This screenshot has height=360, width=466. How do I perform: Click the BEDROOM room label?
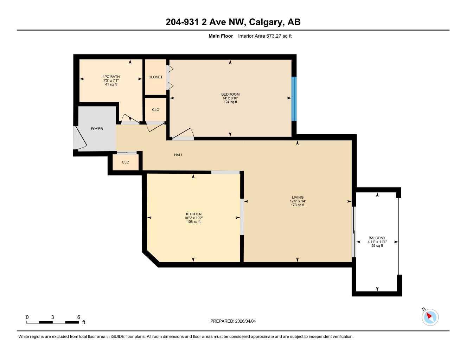[230, 94]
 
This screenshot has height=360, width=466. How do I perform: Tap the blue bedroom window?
[294, 99]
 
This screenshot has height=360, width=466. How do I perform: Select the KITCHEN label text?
[193, 214]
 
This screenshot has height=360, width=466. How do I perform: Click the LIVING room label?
[297, 197]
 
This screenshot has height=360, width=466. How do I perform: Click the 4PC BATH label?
[111, 77]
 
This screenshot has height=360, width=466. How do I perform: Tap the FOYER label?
[97, 129]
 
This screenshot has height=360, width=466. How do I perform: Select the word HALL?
[178, 155]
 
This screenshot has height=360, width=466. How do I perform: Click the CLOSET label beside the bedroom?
[155, 77]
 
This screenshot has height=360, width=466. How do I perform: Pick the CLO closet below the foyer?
[126, 162]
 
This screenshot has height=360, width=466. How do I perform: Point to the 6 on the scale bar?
[78, 317]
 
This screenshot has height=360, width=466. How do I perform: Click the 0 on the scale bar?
[27, 317]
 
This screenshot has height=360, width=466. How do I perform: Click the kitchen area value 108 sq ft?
[193, 222]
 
